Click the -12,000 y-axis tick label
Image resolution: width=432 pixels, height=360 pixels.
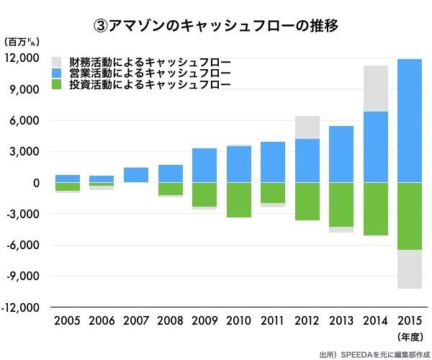pyautogui.click(x=23, y=307)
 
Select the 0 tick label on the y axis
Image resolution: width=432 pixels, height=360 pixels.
pyautogui.click(x=36, y=183)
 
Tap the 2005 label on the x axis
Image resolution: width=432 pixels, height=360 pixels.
pyautogui.click(x=68, y=321)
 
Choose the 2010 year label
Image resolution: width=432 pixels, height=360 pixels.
pyautogui.click(x=239, y=321)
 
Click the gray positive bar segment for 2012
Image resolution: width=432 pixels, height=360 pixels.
pyautogui.click(x=307, y=127)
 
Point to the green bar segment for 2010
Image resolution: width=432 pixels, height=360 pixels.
pyautogui.click(x=239, y=200)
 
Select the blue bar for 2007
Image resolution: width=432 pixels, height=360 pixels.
pyautogui.click(x=136, y=175)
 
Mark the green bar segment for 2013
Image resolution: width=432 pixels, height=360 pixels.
pyautogui.click(x=342, y=204)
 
